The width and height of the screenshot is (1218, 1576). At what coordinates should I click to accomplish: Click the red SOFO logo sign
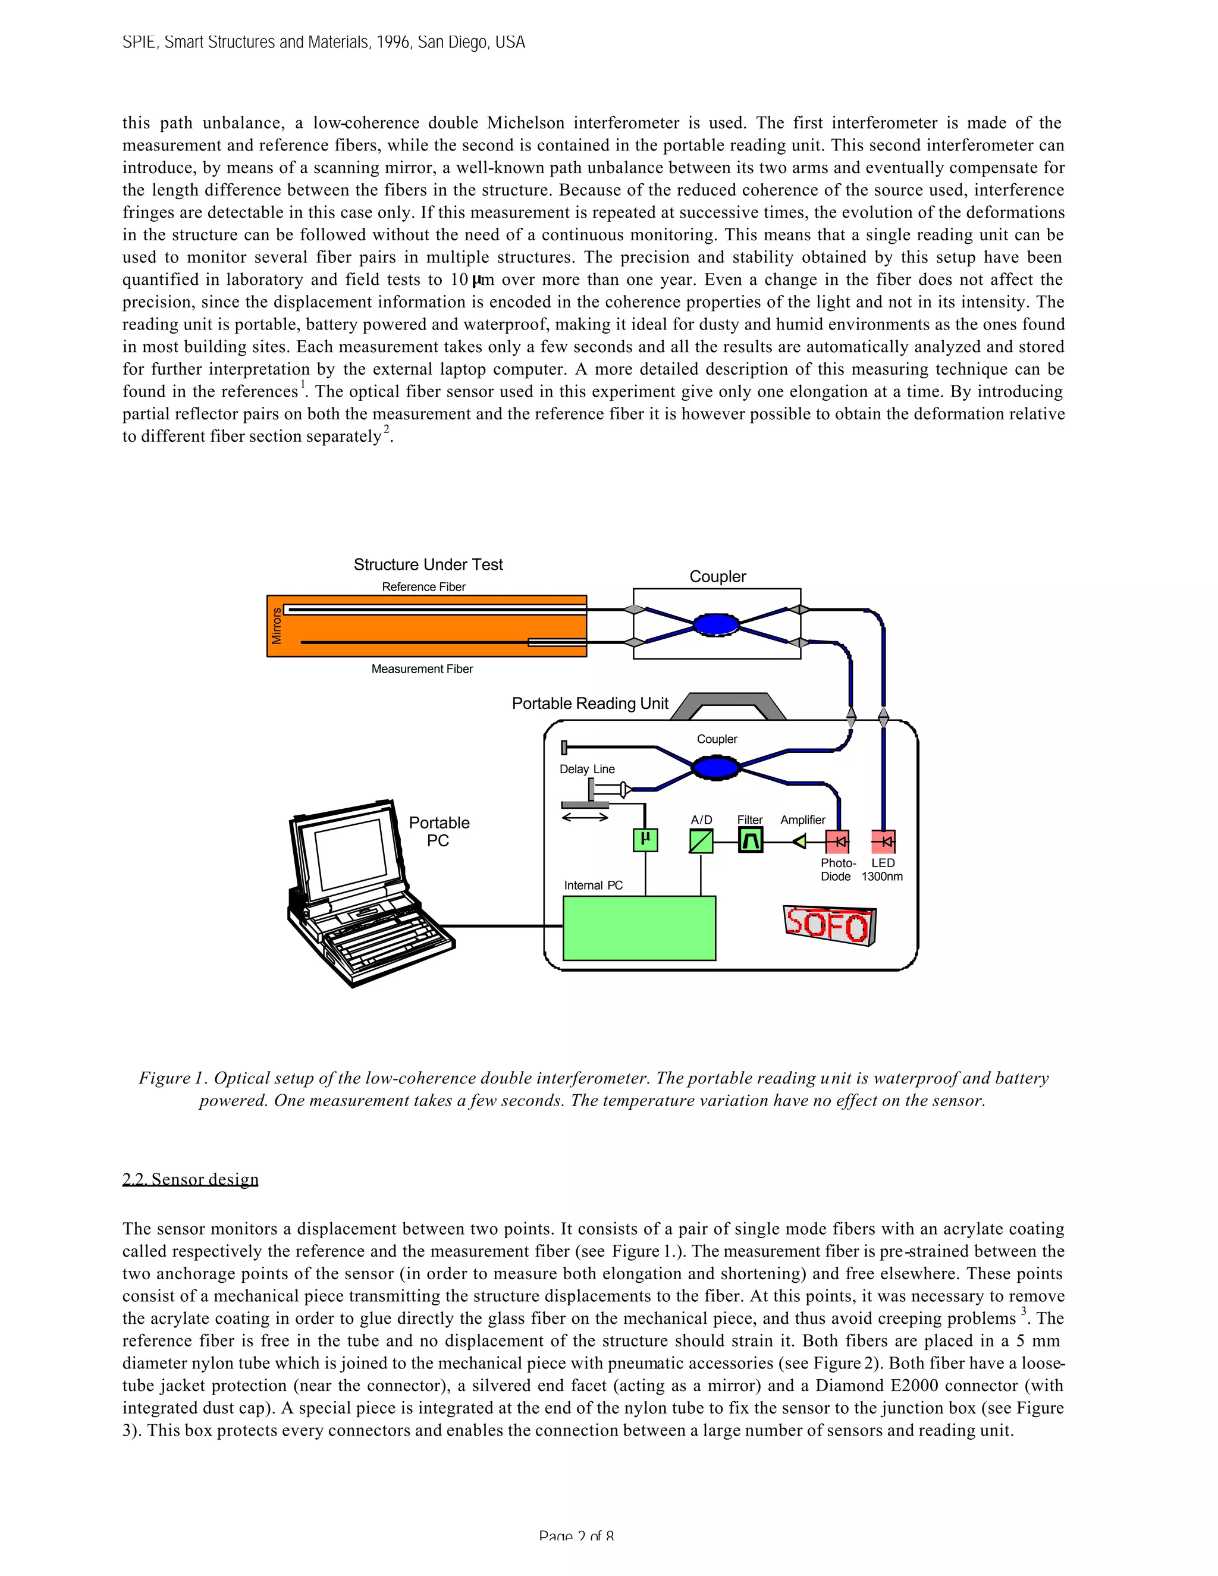pyautogui.click(x=829, y=925)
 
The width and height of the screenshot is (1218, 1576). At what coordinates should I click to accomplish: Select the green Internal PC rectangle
pyautogui.click(x=639, y=928)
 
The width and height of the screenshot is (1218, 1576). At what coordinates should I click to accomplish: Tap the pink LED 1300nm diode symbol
pyautogui.click(x=883, y=842)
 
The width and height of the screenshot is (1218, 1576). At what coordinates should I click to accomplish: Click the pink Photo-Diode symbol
pyautogui.click(x=837, y=842)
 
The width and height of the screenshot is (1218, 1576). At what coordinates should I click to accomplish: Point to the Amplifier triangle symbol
pyautogui.click(x=799, y=842)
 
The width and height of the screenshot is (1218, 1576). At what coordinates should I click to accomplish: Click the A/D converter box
pyautogui.click(x=701, y=842)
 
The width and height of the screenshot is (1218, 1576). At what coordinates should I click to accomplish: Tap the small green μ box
pyautogui.click(x=645, y=839)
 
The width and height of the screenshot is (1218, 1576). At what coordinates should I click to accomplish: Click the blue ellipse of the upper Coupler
pyautogui.click(x=716, y=624)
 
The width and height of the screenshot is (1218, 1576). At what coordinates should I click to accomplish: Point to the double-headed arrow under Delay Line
pyautogui.click(x=585, y=818)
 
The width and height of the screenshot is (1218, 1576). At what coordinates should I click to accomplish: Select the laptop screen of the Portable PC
pyautogui.click(x=351, y=855)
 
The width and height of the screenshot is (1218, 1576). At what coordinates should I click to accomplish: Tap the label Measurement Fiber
pyautogui.click(x=422, y=669)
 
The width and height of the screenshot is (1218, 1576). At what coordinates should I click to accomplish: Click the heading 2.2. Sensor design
pyautogui.click(x=190, y=1179)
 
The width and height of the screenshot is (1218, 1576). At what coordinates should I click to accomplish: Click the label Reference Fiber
pyautogui.click(x=423, y=586)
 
